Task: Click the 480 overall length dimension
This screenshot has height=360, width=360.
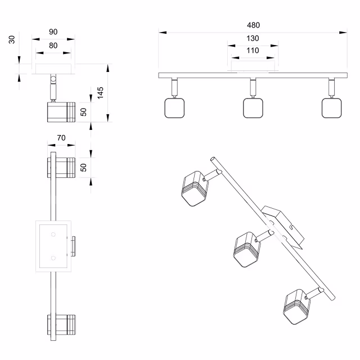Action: pos(253,25)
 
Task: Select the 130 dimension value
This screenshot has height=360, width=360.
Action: pos(253,38)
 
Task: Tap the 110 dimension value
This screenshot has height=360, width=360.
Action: pos(253,51)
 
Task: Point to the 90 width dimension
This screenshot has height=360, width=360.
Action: pos(53,32)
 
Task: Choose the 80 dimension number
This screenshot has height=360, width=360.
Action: pos(53,46)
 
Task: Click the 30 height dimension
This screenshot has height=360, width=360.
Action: pos(12,40)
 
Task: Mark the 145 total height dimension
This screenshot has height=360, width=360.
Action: pos(101,93)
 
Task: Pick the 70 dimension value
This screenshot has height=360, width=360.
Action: pos(62,137)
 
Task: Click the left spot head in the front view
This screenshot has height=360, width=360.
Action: pos(174,107)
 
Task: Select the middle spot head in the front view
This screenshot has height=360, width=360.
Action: pos(254,107)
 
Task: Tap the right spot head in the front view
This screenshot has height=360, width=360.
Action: pos(332,107)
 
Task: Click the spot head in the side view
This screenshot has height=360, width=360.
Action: pos(61,111)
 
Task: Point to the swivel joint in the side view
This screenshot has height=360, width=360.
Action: pos(53,79)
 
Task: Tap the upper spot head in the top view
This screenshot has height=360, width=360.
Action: pos(61,168)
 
